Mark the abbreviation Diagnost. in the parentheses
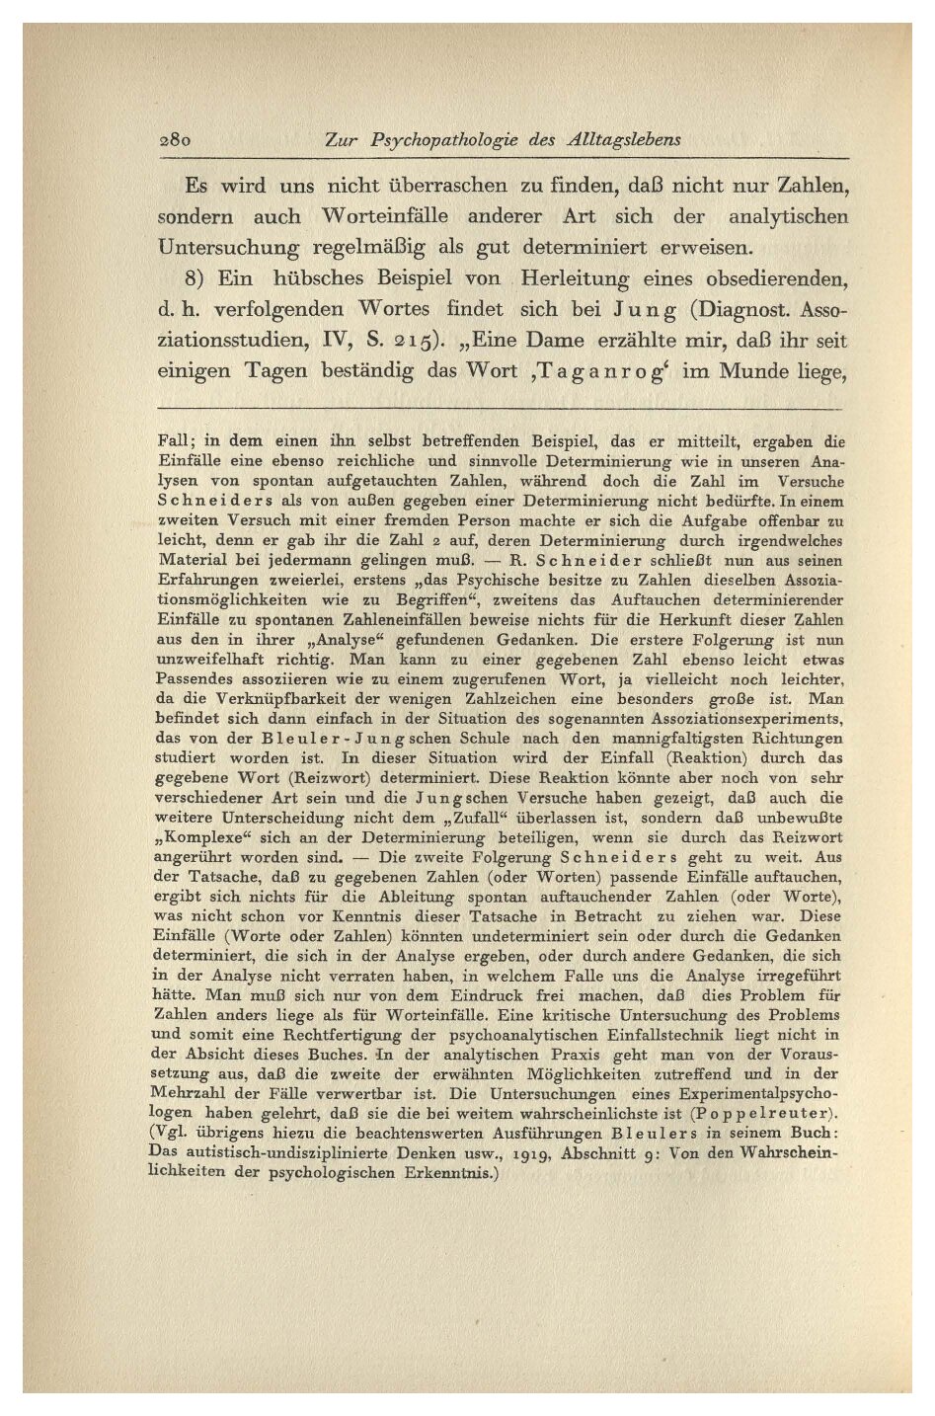[750, 310]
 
